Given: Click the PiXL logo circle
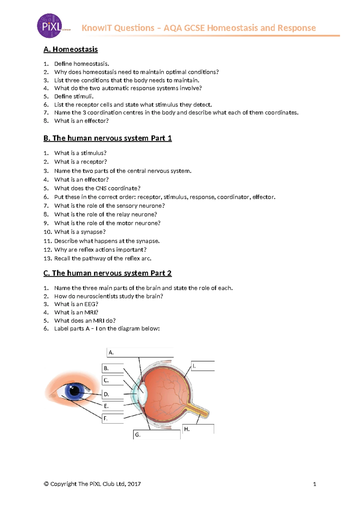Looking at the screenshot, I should pos(49,26).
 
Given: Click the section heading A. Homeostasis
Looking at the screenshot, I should pos(70,49).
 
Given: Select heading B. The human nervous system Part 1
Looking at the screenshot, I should pos(107,138).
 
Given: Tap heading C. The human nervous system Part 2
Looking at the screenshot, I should pos(107,273).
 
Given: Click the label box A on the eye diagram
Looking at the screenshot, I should pos(140,352).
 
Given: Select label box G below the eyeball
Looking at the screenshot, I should pos(157,435).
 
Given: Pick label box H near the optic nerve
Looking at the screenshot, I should pos(198,429).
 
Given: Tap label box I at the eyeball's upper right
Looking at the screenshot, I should pos(203,366).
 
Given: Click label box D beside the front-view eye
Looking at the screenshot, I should pos(113,394).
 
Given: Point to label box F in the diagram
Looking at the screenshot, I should pos(113,418).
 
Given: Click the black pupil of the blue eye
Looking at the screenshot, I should pos(74,390).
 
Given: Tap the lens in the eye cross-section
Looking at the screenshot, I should pos(143,393).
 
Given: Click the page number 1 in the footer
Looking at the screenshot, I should pos(314,484).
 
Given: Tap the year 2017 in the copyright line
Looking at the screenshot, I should pos(134,484).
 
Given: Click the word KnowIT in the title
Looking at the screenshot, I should pos(97,28).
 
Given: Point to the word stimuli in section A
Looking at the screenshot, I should pos(83,96).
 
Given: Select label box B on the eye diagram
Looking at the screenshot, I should pos(113,368).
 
